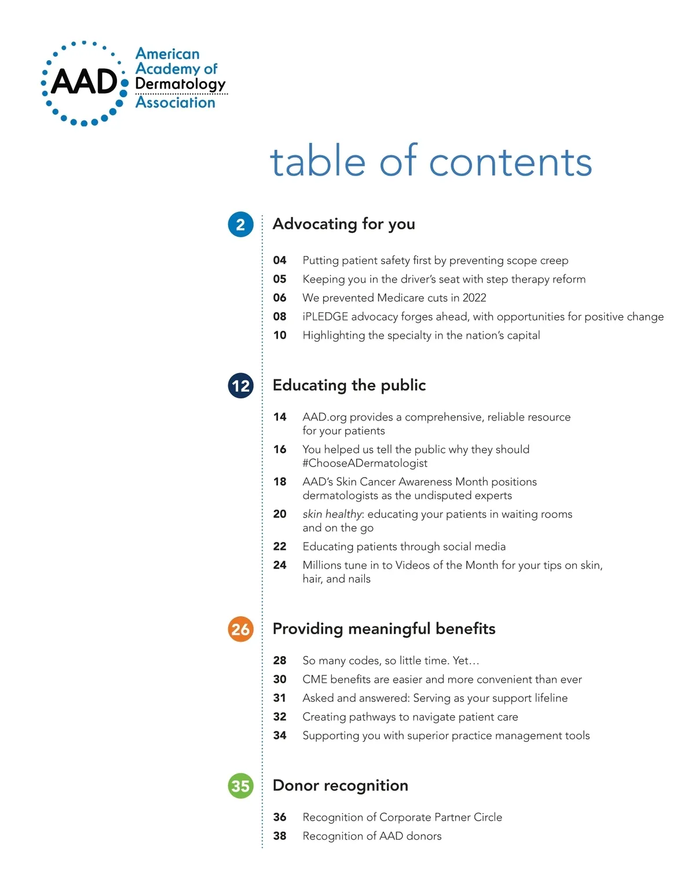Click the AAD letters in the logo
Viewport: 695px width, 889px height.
85,82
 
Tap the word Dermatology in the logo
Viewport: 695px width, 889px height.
180,84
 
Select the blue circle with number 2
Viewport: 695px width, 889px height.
240,225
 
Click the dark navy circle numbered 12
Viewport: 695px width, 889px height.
240,386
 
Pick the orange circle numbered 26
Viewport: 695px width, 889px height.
240,630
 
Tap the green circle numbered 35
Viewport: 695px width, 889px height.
240,786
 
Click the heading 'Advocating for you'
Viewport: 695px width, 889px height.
343,224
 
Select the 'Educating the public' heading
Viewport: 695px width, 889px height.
349,385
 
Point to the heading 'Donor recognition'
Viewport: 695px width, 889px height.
341,785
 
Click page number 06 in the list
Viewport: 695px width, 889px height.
280,298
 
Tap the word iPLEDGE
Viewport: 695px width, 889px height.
325,317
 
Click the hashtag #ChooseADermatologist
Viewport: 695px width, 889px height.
365,463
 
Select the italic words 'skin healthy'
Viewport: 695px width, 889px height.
332,514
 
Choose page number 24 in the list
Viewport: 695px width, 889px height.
280,565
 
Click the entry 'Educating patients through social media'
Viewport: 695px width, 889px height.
404,547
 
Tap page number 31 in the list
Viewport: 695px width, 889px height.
280,698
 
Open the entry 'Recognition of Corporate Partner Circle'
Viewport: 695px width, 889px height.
402,817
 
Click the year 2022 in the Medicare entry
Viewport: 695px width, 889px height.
474,298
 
